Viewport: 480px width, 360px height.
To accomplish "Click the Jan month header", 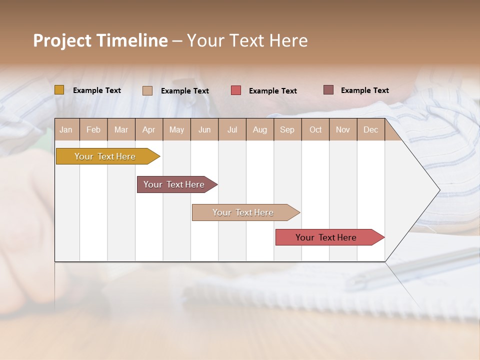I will click(x=66, y=130).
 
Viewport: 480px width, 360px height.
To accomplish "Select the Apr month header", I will click(x=148, y=130).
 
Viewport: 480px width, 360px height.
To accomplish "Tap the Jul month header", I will click(x=232, y=130).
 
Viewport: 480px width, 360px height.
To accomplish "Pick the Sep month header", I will click(x=287, y=130).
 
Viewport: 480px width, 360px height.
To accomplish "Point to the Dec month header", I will click(x=370, y=130).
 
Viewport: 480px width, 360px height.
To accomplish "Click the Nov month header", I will click(x=342, y=130).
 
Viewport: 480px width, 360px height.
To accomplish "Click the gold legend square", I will click(x=59, y=90).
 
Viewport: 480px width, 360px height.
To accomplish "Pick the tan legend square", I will click(x=147, y=90).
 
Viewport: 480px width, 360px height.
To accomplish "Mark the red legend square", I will click(x=236, y=90).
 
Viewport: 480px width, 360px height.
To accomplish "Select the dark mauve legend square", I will click(x=328, y=90).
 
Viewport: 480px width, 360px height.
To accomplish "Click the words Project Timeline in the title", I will click(x=100, y=40).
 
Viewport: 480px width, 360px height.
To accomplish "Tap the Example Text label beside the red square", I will click(x=272, y=91).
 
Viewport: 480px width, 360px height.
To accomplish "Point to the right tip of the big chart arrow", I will click(x=439, y=190).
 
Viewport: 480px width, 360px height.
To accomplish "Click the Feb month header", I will click(x=93, y=130).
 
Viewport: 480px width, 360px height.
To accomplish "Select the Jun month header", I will click(x=204, y=130).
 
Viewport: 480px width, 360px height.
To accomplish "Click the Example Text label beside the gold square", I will click(x=97, y=90).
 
